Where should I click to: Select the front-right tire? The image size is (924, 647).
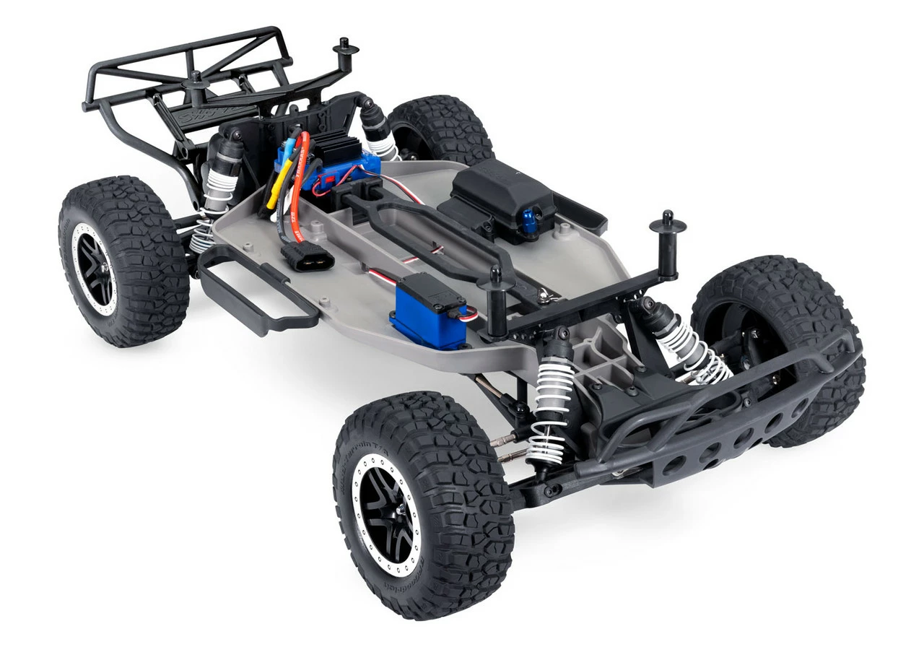pos(780,339)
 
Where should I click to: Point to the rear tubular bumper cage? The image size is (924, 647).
pos(188,79)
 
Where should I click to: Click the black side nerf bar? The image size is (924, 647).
pos(253,289)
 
